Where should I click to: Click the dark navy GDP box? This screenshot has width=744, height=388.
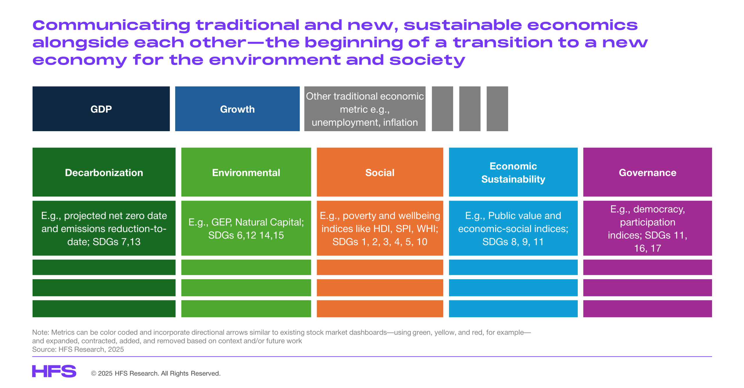click(x=101, y=109)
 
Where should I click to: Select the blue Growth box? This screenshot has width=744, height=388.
click(x=237, y=109)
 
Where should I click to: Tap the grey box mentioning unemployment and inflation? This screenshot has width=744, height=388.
click(x=365, y=109)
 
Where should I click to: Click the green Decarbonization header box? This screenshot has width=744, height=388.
click(x=104, y=172)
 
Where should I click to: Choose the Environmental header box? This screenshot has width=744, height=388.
click(x=246, y=172)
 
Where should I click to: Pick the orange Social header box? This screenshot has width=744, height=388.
click(x=380, y=172)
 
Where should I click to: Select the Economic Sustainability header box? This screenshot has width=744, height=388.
click(x=513, y=172)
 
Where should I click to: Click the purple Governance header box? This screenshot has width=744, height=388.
click(x=648, y=172)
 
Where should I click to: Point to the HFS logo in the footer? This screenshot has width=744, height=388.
click(x=54, y=371)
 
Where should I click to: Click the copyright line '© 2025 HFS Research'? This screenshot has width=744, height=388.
click(x=156, y=373)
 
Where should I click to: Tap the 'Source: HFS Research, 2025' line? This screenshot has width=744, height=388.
click(x=78, y=349)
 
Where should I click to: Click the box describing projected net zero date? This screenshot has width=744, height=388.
click(x=104, y=228)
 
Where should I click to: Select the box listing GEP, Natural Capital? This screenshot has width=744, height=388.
click(x=246, y=228)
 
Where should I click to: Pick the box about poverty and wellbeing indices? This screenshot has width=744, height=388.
click(x=380, y=228)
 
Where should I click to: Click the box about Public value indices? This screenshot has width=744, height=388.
click(x=513, y=228)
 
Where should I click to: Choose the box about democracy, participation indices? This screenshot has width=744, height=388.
click(x=648, y=228)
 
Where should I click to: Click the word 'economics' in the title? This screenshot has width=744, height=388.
click(x=582, y=25)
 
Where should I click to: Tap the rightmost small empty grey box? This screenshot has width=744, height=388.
click(x=497, y=109)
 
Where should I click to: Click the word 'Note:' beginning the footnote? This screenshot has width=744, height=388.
click(x=41, y=332)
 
